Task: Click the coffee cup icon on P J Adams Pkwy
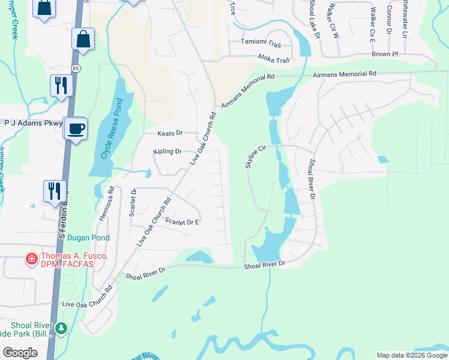coord(76,128)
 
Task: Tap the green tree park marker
coord(61,328)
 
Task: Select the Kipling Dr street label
coord(167,152)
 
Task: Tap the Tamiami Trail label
coord(261,44)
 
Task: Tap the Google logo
coord(20,353)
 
